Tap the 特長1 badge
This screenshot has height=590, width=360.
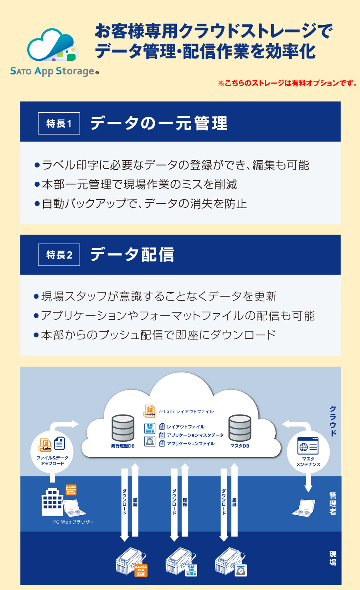[x=59, y=124]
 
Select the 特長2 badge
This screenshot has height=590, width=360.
[x=59, y=255]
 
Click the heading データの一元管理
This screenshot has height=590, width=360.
[x=159, y=123]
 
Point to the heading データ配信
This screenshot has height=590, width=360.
[x=132, y=255]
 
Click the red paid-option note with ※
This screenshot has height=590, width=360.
[x=287, y=83]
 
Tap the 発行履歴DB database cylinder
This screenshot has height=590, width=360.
[x=123, y=428]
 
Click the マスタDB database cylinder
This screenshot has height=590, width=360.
[x=240, y=428]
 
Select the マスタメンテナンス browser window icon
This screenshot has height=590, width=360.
[x=308, y=446]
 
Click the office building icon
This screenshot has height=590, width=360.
[x=52, y=502]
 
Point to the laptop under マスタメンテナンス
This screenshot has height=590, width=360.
[x=304, y=508]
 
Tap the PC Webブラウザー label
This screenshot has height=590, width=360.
[x=74, y=522]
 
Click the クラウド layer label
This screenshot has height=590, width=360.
[x=333, y=421]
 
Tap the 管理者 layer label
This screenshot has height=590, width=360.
[x=333, y=504]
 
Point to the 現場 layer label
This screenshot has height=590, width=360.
[x=333, y=558]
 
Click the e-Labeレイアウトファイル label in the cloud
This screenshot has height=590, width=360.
[x=186, y=411]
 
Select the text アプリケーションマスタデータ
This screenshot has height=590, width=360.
[x=195, y=435]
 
